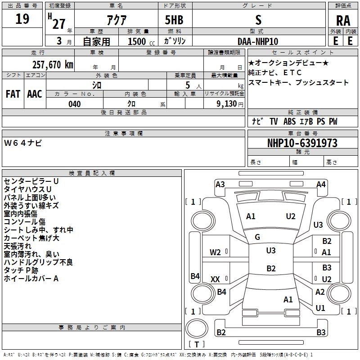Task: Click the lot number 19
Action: (22, 19)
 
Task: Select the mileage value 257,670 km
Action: (53, 65)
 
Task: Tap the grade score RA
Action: (343, 21)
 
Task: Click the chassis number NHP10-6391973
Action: (302, 143)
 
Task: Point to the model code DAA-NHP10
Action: (258, 41)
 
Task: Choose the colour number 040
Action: (74, 104)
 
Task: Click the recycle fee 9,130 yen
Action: (230, 104)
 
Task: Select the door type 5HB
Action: (174, 20)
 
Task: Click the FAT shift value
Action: (13, 94)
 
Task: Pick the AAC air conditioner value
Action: (35, 94)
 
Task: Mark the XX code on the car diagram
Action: (215, 279)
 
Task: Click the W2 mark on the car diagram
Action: (215, 252)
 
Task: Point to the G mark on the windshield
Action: (257, 237)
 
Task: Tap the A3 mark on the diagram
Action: (220, 184)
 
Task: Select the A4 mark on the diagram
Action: (321, 184)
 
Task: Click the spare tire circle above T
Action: (197, 328)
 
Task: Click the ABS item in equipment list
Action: (289, 121)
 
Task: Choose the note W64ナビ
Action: (23, 143)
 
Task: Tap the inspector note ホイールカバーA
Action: (31, 279)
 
